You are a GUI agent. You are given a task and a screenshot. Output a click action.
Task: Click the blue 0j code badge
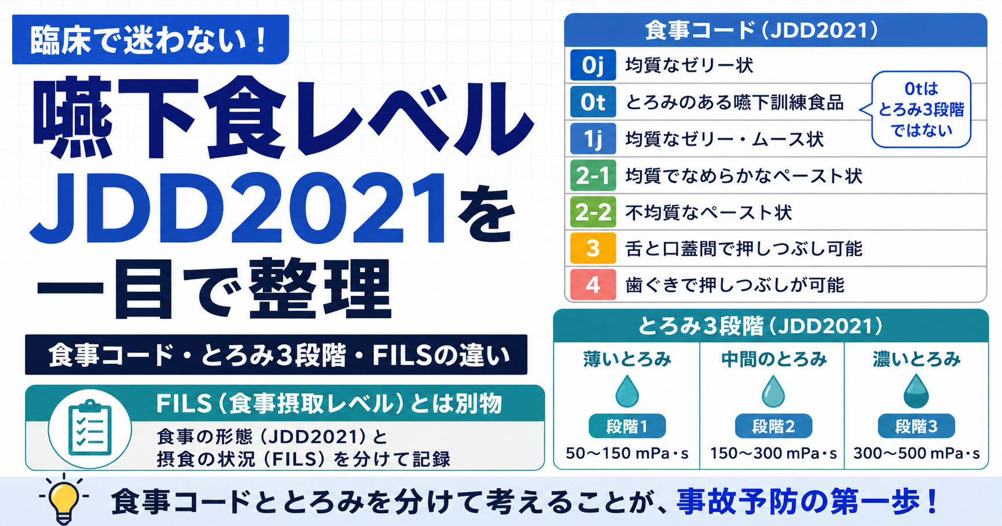tap(593, 65)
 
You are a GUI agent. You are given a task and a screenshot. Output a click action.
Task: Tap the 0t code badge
tap(593, 102)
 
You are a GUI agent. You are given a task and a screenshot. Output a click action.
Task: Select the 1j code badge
tap(593, 138)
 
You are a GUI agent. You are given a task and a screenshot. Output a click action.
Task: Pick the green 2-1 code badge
tap(593, 175)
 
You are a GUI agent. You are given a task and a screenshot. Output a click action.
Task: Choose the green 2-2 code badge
tap(593, 212)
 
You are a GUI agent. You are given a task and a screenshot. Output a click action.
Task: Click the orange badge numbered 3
tap(593, 248)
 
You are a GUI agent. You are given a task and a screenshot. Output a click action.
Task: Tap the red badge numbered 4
tap(593, 285)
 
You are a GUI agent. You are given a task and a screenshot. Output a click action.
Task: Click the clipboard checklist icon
tap(90, 429)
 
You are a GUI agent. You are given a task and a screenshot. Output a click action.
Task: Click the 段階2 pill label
tap(773, 426)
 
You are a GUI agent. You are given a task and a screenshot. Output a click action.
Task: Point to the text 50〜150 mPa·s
tap(627, 453)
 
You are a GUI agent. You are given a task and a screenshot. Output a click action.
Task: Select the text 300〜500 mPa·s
tap(917, 453)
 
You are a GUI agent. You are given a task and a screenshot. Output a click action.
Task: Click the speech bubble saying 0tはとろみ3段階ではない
tap(921, 109)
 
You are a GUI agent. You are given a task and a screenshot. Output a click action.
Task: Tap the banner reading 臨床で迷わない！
tap(151, 39)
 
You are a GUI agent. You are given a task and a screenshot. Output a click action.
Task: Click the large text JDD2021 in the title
tap(239, 209)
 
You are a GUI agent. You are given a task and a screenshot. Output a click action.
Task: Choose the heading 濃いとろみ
tap(917, 359)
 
